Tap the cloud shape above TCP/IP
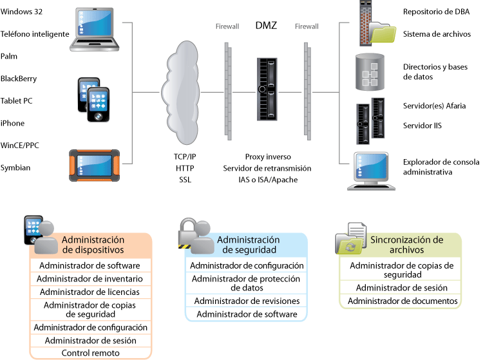[x=181, y=93]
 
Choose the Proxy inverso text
[x=267, y=156]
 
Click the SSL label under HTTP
[x=185, y=180]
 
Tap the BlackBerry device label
[x=19, y=79]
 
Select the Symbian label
[x=15, y=168]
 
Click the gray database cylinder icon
[x=370, y=71]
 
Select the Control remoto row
[x=91, y=353]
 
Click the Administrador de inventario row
[x=91, y=278]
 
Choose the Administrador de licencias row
[x=91, y=292]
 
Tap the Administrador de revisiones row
[x=247, y=301]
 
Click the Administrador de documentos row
[x=402, y=301]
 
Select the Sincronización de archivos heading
[x=406, y=245]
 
